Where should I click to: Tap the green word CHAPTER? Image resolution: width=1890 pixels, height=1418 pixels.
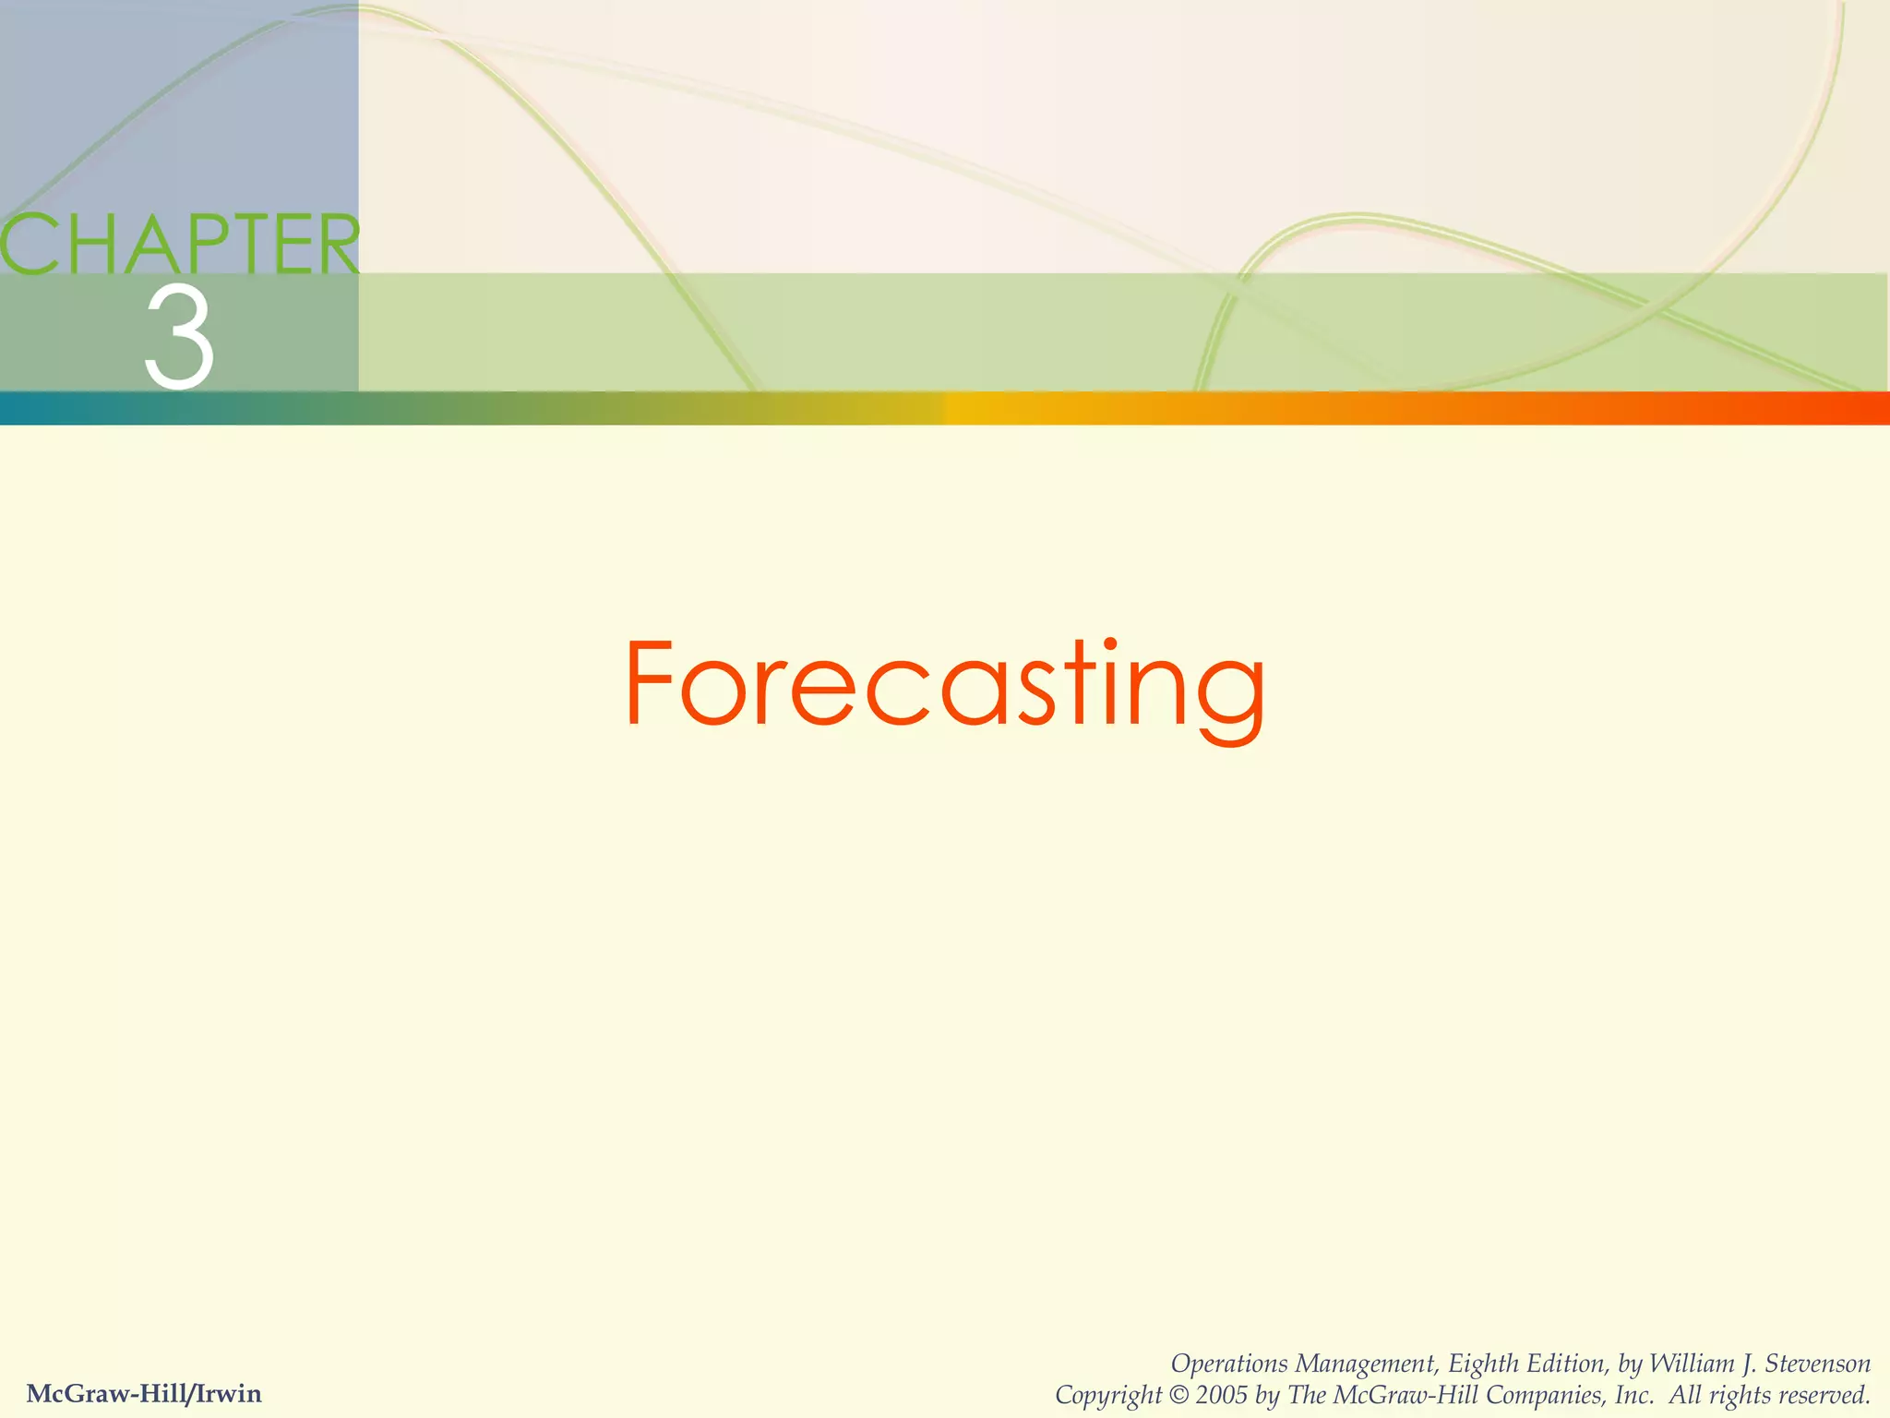(x=180, y=245)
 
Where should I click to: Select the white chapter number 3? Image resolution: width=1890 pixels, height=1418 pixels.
(x=179, y=337)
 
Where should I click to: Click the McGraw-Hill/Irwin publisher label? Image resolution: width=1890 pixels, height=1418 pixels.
(x=145, y=1393)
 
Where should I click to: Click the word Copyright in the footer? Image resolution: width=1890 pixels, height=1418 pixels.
(x=1107, y=1395)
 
